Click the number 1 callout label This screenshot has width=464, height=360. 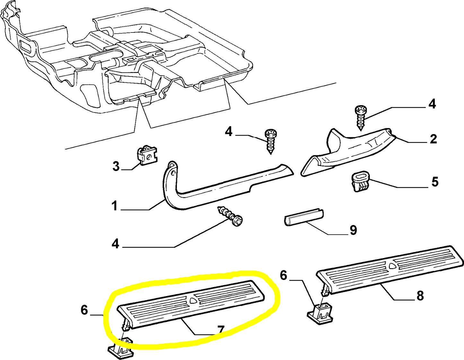click(x=115, y=206)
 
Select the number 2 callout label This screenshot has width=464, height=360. click(x=433, y=139)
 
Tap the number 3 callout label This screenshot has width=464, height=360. click(x=116, y=166)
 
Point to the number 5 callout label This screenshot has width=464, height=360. click(x=435, y=182)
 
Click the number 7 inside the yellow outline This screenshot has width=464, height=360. click(x=221, y=330)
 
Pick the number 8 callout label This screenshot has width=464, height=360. click(x=420, y=295)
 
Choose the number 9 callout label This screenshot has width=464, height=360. click(x=353, y=230)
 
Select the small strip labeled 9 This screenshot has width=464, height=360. click(x=304, y=218)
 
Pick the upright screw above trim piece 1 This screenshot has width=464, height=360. click(x=271, y=141)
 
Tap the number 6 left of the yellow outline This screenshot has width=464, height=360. click(x=84, y=310)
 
